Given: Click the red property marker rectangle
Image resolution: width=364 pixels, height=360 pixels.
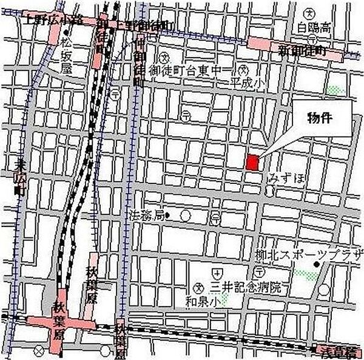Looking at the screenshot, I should (252, 163).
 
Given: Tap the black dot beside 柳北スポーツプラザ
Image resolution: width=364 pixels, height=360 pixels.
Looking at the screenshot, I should (315, 265).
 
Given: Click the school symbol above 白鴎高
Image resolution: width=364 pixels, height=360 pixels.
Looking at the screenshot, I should (310, 13).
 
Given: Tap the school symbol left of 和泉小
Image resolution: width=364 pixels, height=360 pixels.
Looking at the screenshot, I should (199, 286).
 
